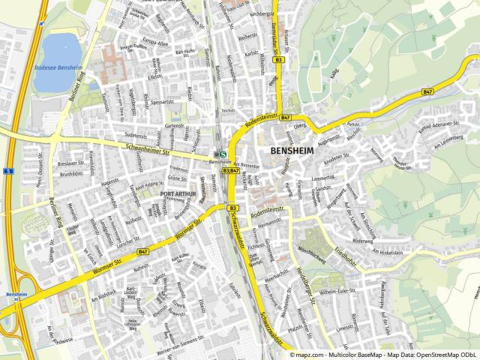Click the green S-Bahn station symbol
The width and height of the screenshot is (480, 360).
[223, 155]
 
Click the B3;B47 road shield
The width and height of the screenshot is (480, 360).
[230, 170]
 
